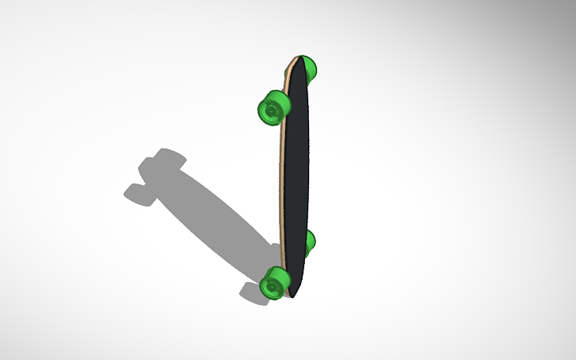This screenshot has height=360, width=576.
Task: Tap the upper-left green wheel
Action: tap(273, 107)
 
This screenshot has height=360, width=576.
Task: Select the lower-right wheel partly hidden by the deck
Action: tap(311, 242)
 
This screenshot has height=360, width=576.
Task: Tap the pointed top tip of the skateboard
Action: tap(301, 58)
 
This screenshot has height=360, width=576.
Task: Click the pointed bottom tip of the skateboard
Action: tap(293, 296)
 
